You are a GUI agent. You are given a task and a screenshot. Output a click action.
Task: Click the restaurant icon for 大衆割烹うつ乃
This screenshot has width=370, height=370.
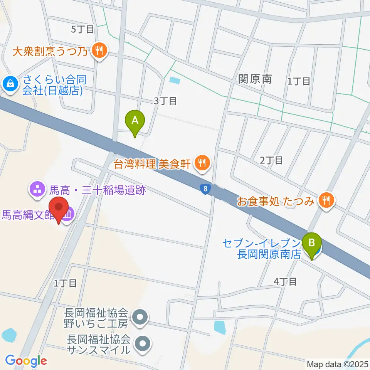pyautogui.click(x=99, y=51)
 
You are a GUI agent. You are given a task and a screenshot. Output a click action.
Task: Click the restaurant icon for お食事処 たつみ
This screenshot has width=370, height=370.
pyautogui.click(x=326, y=200)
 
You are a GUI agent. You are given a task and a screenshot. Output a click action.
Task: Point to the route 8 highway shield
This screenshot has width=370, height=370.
pyautogui.click(x=205, y=188)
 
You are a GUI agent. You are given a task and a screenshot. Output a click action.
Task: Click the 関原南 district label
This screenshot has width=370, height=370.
pyautogui.click(x=255, y=79)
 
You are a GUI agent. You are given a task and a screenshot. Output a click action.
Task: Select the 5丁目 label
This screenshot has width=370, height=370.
pyautogui.click(x=82, y=29)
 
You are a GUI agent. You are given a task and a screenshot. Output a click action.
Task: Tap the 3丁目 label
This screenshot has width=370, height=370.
pyautogui.click(x=165, y=101)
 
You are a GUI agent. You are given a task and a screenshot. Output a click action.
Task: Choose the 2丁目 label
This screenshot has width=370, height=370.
pyautogui.click(x=271, y=160)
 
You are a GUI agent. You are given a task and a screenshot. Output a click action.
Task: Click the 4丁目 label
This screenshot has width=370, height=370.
pyautogui.click(x=285, y=282)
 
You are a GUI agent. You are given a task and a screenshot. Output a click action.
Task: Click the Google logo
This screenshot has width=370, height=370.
pyautogui.click(x=26, y=361)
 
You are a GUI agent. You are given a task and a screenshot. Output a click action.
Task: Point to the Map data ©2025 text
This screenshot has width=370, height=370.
pyautogui.click(x=337, y=364)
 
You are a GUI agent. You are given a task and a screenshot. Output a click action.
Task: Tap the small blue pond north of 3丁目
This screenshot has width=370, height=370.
pyautogui.click(x=175, y=81)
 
